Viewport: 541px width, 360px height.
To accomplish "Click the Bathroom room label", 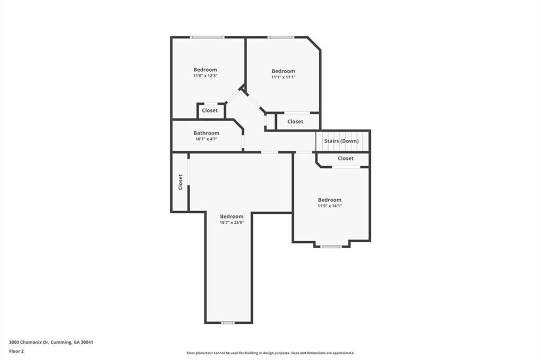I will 206,133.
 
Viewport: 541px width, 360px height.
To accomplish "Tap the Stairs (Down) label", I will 341,141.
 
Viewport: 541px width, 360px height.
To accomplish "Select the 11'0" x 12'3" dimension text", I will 205,76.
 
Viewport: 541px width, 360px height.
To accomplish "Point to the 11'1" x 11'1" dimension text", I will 283,77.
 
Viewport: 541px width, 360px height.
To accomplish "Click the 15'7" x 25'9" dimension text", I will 231,223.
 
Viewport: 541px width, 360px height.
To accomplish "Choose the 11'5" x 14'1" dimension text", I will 329,206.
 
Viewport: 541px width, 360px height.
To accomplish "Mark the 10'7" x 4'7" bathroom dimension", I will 206,139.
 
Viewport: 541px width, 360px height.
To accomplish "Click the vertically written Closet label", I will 180,182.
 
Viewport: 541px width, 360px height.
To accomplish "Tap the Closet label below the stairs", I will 346,158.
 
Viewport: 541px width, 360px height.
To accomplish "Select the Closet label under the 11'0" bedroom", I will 210,111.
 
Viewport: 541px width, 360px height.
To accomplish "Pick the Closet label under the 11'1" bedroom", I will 295,121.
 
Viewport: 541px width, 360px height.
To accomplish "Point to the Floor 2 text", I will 16,351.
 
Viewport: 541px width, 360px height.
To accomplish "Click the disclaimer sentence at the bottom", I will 270,353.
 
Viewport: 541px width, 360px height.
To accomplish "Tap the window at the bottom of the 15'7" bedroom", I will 228,323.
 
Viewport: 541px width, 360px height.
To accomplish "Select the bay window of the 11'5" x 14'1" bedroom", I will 331,247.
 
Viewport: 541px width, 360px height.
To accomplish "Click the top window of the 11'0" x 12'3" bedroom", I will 207,37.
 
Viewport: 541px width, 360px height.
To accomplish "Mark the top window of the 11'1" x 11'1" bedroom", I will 281,37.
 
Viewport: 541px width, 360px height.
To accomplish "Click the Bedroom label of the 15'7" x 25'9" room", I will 231,216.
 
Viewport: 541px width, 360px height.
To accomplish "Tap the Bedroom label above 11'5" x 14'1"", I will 329,200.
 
